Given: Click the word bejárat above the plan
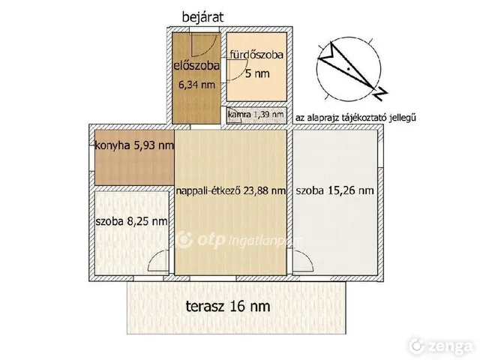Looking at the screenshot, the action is [202, 16].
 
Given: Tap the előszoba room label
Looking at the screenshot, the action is [196, 65].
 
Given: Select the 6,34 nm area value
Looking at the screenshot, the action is [196, 85].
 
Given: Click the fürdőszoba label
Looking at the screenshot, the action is [256, 55].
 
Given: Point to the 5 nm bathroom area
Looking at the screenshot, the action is [257, 73].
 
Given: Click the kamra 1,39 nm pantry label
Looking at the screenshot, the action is [256, 115].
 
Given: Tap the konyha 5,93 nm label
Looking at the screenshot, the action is [134, 145].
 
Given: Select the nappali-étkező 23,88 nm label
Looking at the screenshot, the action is [231, 190].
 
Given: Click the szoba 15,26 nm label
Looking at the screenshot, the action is [335, 190].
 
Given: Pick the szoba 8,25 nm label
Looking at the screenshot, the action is [132, 221].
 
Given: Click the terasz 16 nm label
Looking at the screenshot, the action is [228, 306].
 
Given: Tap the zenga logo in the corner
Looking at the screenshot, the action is [441, 346].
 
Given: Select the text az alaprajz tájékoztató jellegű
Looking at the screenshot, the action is [355, 118].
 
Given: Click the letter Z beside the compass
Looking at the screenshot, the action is [381, 93].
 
